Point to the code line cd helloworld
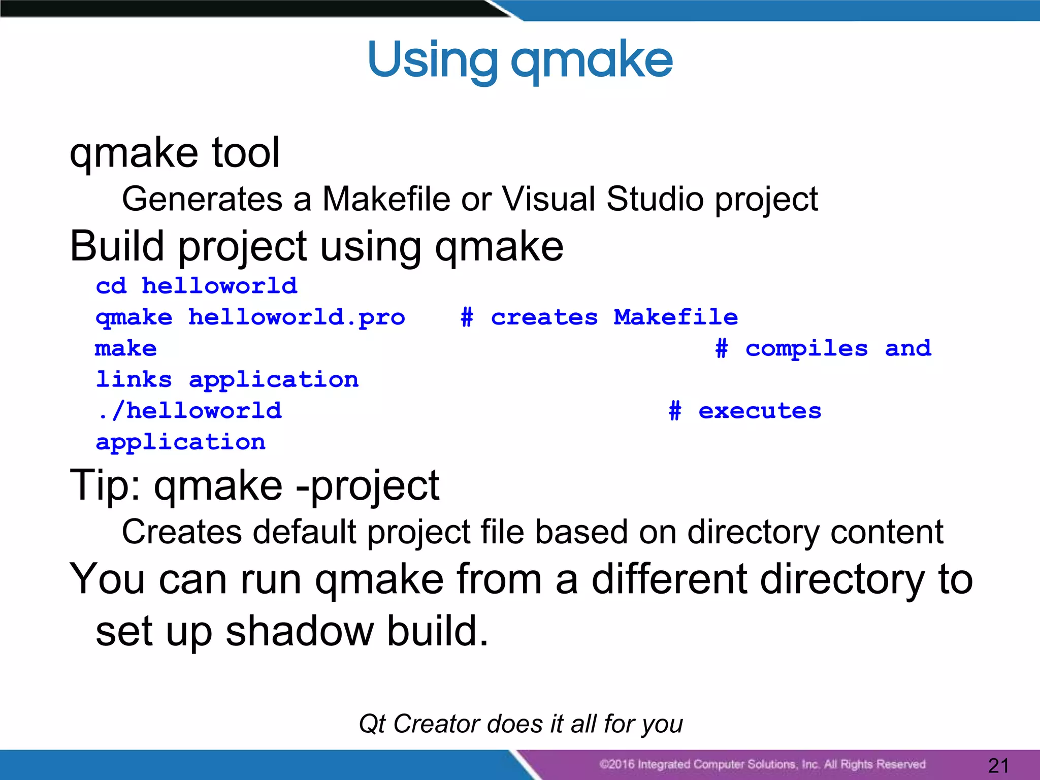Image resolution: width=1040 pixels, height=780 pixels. point(197,286)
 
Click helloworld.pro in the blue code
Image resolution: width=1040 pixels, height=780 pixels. point(297,318)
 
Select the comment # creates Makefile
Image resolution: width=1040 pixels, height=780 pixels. point(599,318)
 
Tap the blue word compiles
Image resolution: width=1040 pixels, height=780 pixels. point(806,349)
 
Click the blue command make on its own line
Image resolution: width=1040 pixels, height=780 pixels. point(126,349)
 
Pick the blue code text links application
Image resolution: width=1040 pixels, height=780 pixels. point(227,380)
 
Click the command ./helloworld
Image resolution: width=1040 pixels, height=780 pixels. point(189,411)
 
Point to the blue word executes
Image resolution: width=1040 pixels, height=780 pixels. point(760,411)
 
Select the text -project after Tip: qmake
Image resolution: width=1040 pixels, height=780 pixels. point(368,485)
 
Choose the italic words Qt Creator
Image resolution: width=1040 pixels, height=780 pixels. point(419,724)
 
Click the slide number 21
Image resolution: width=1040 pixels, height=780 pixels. point(998,765)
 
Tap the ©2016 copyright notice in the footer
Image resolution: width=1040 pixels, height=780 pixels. point(762,764)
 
